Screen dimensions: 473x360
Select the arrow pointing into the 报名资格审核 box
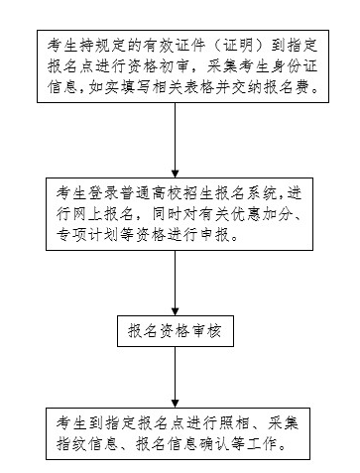175,289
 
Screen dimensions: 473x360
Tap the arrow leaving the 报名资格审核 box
175,378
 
